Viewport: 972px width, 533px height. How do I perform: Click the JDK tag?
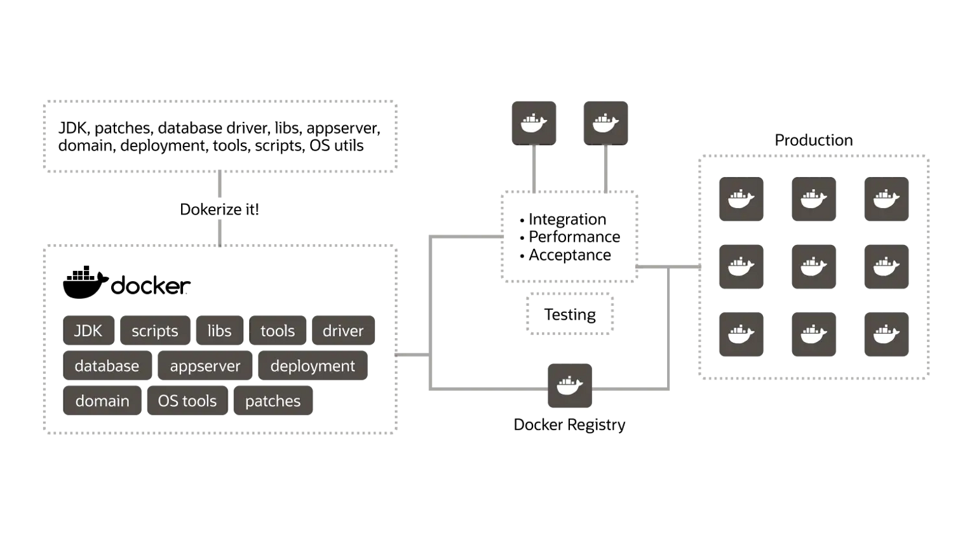pyautogui.click(x=88, y=331)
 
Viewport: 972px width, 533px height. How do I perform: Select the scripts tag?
pyautogui.click(x=155, y=331)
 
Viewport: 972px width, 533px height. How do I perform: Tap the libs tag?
pyautogui.click(x=219, y=331)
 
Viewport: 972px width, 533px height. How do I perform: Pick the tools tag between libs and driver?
pyautogui.click(x=278, y=331)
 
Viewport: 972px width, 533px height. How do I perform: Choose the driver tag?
pyautogui.click(x=343, y=331)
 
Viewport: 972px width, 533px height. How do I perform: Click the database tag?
pyautogui.click(x=107, y=365)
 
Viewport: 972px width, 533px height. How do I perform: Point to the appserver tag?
pyautogui.click(x=205, y=365)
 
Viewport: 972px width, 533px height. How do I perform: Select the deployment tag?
pyautogui.click(x=313, y=365)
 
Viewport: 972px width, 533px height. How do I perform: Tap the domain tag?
pyautogui.click(x=102, y=400)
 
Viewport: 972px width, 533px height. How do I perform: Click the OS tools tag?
pyautogui.click(x=187, y=400)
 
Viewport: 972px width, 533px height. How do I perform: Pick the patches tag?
pyautogui.click(x=273, y=400)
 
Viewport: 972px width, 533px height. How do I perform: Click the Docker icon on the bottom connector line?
pyautogui.click(x=570, y=386)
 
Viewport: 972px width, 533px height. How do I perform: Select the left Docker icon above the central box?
pyautogui.click(x=534, y=123)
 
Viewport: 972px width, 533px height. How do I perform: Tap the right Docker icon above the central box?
pyautogui.click(x=605, y=123)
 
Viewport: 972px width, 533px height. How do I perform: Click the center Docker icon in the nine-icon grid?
pyautogui.click(x=814, y=267)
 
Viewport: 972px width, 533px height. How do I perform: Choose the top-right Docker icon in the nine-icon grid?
pyautogui.click(x=886, y=199)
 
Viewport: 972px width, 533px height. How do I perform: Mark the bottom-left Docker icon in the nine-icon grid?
pyautogui.click(x=741, y=334)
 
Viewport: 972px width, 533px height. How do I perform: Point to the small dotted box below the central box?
pyautogui.click(x=570, y=313)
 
